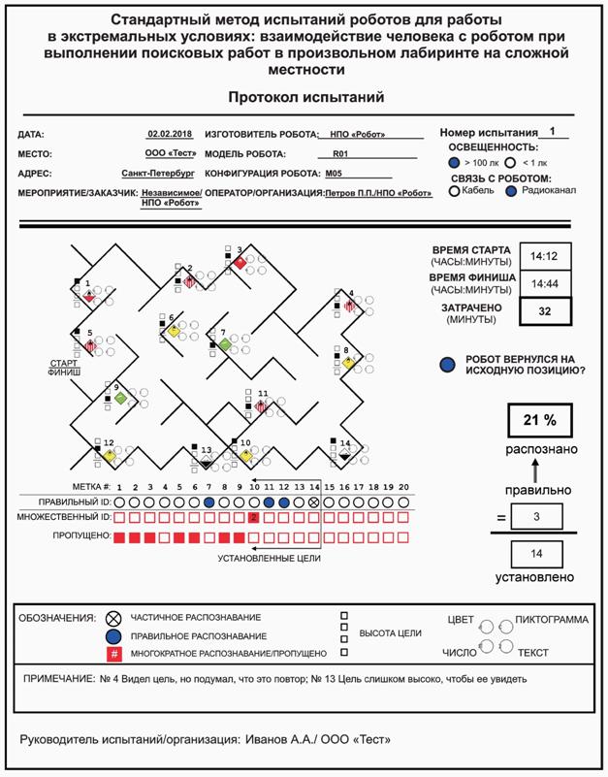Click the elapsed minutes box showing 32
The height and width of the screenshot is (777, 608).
pos(545,311)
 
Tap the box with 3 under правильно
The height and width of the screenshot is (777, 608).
pos(536,516)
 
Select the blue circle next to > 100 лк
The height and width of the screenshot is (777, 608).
pos(454,163)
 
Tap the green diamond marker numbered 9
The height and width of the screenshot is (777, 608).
pos(119,398)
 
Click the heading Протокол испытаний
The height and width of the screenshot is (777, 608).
pos(305,97)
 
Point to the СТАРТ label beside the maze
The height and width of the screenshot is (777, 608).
pos(63,364)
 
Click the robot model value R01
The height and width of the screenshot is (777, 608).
pos(339,153)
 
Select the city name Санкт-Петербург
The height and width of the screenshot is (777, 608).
pos(158,173)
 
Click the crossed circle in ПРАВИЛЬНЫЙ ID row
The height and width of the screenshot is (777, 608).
pos(313,502)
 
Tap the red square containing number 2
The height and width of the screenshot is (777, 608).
pos(253,519)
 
